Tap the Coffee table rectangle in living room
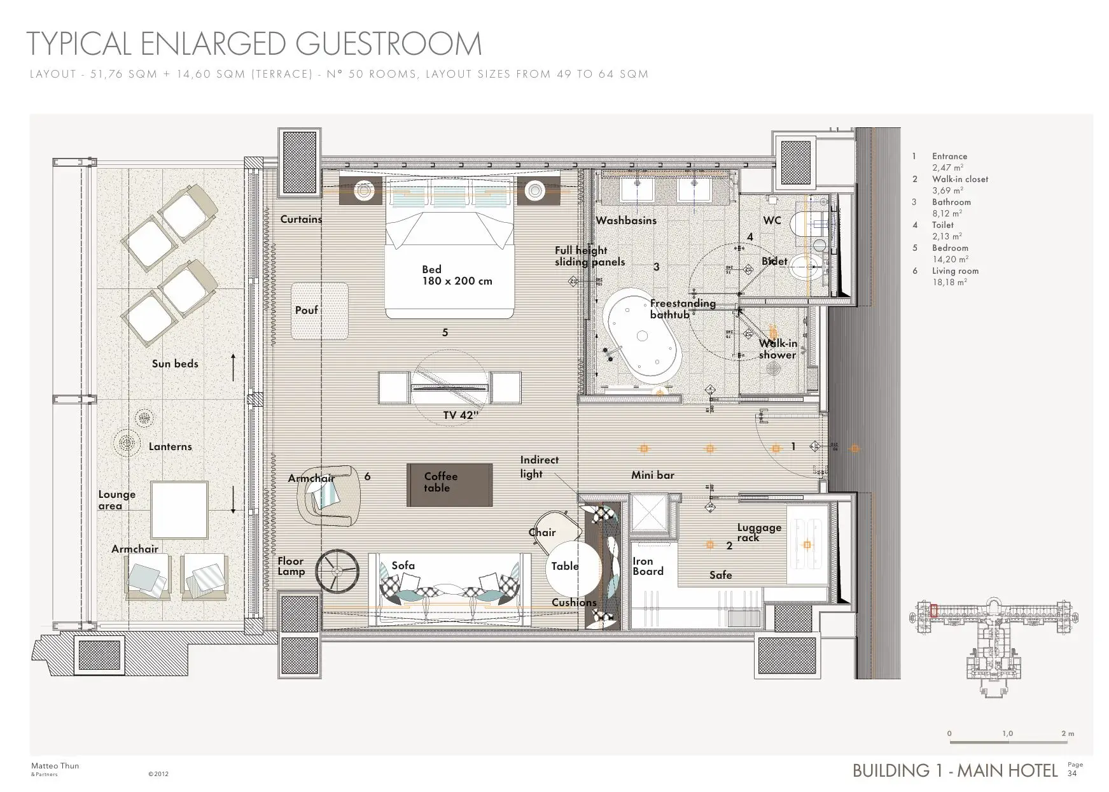449,485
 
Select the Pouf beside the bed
319,311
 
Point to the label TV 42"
461,416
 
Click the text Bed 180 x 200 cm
456,275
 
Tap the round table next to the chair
573,569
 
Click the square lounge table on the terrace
179,511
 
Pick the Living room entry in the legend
955,271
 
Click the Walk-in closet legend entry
959,180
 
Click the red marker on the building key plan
934,611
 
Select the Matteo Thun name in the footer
55,766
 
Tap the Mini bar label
652,475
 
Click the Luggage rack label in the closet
759,532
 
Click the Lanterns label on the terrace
170,446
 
